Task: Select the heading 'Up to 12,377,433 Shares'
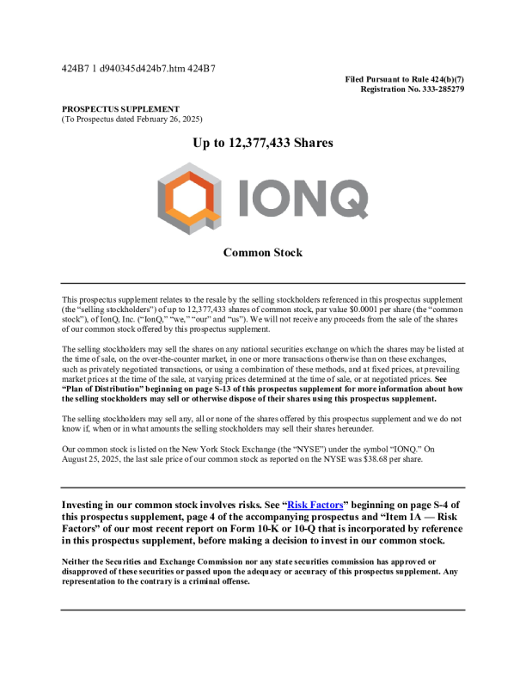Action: pyautogui.click(x=262, y=143)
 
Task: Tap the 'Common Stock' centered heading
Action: pyautogui.click(x=262, y=253)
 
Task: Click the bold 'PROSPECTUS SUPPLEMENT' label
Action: pyautogui.click(x=120, y=109)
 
